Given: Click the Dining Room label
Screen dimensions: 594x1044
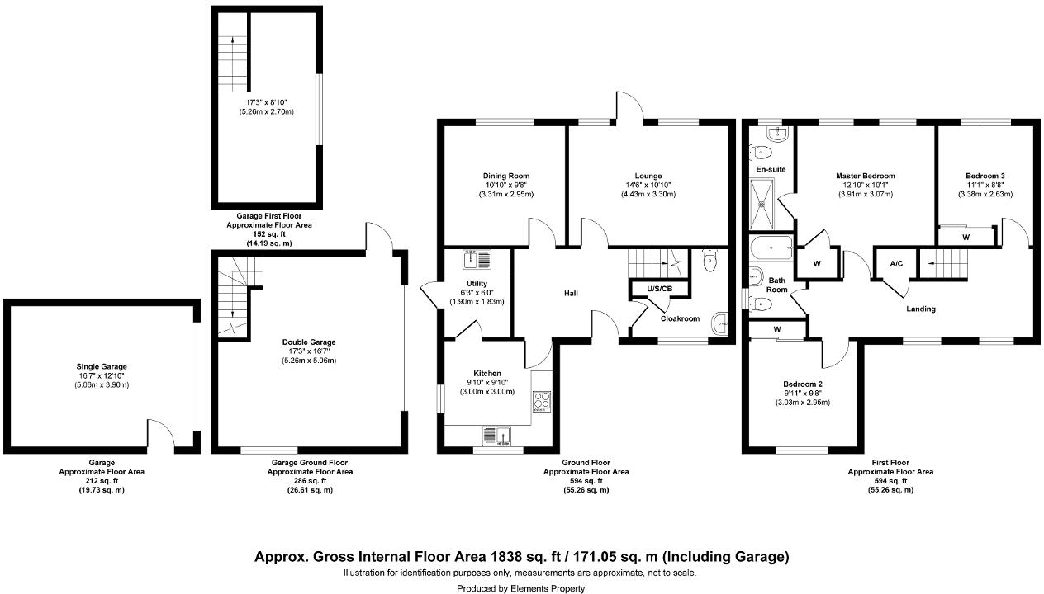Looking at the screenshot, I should click(x=506, y=176).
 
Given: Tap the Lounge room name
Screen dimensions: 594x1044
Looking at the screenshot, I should click(x=648, y=176).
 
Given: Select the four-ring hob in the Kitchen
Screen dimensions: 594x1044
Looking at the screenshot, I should click(x=542, y=402).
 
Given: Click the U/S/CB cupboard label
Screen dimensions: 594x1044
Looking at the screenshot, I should click(x=659, y=288).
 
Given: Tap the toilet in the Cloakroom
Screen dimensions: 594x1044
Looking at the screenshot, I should click(x=709, y=262).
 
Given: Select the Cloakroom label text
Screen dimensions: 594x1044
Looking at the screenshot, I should click(x=680, y=318).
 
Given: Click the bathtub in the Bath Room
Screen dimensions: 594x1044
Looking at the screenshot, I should click(x=771, y=247).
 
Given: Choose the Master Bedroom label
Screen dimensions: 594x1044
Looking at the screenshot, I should click(x=865, y=176).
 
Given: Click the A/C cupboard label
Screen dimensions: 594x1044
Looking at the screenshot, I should click(x=896, y=264).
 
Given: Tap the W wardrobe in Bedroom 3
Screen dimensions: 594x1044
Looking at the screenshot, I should click(x=966, y=237).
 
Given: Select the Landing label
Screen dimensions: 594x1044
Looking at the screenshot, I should click(x=921, y=309).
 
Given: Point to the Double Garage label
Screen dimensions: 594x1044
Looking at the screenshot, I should click(x=309, y=342).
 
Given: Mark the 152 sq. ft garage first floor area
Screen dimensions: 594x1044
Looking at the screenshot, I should click(x=268, y=234).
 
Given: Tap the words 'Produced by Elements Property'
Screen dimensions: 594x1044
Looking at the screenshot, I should click(x=520, y=588).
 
